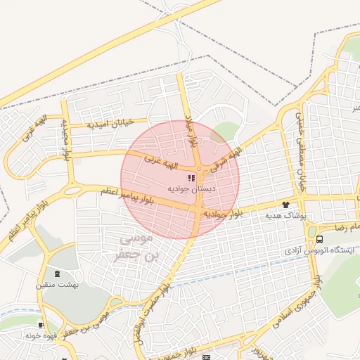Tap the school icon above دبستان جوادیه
[x=192, y=179]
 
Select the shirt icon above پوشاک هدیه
[x=285, y=205]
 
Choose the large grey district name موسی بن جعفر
[x=136, y=248]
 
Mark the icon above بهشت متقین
[x=57, y=274]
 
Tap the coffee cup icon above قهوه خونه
[x=41, y=326]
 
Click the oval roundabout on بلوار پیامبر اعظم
[x=72, y=190]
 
